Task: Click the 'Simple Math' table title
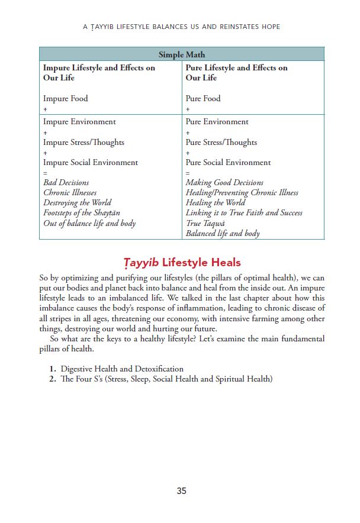coord(182,54)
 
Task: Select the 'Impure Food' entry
coord(65,99)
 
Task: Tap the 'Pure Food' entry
coord(202,99)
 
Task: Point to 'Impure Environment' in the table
coord(79,122)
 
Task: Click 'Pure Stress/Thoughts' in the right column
coord(221,142)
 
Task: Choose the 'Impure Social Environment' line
coord(90,162)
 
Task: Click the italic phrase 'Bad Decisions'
coord(66,183)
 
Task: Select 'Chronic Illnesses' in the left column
coord(70,193)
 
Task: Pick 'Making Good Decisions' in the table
coord(224,183)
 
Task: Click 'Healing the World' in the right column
coord(215,203)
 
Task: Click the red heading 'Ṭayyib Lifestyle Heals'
coord(181,263)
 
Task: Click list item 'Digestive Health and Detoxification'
coord(122,369)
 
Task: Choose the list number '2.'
coord(53,379)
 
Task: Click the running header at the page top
coord(181,27)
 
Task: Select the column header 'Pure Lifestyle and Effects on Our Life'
coord(236,73)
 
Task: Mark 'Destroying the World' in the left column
coord(77,203)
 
